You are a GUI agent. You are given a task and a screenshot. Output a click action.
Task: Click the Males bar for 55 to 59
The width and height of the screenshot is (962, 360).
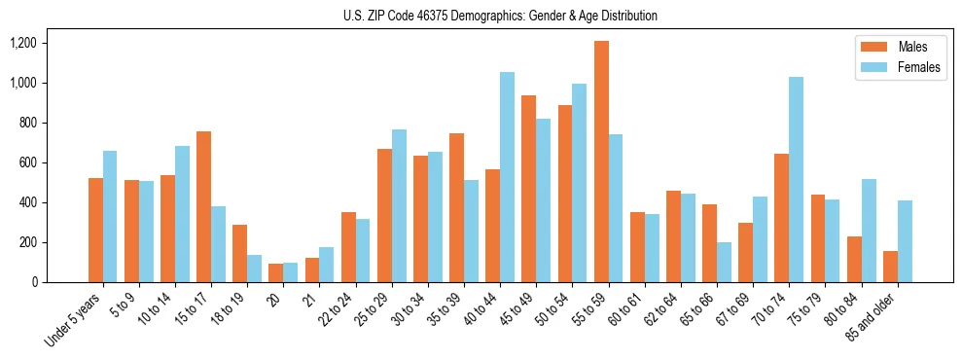click(x=601, y=162)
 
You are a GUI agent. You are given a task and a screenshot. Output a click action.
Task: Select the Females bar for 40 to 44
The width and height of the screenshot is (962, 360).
click(x=507, y=177)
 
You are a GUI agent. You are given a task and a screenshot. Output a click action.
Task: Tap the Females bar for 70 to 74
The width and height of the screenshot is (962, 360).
click(x=796, y=179)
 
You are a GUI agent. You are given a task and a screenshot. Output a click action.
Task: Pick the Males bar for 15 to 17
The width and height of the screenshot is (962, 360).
click(x=204, y=206)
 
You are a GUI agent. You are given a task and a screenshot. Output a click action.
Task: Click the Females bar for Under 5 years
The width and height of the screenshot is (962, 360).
click(x=110, y=216)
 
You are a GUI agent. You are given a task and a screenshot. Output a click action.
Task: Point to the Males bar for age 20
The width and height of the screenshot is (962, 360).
click(x=276, y=272)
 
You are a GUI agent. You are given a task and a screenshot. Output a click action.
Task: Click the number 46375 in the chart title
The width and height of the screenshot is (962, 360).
click(x=422, y=16)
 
